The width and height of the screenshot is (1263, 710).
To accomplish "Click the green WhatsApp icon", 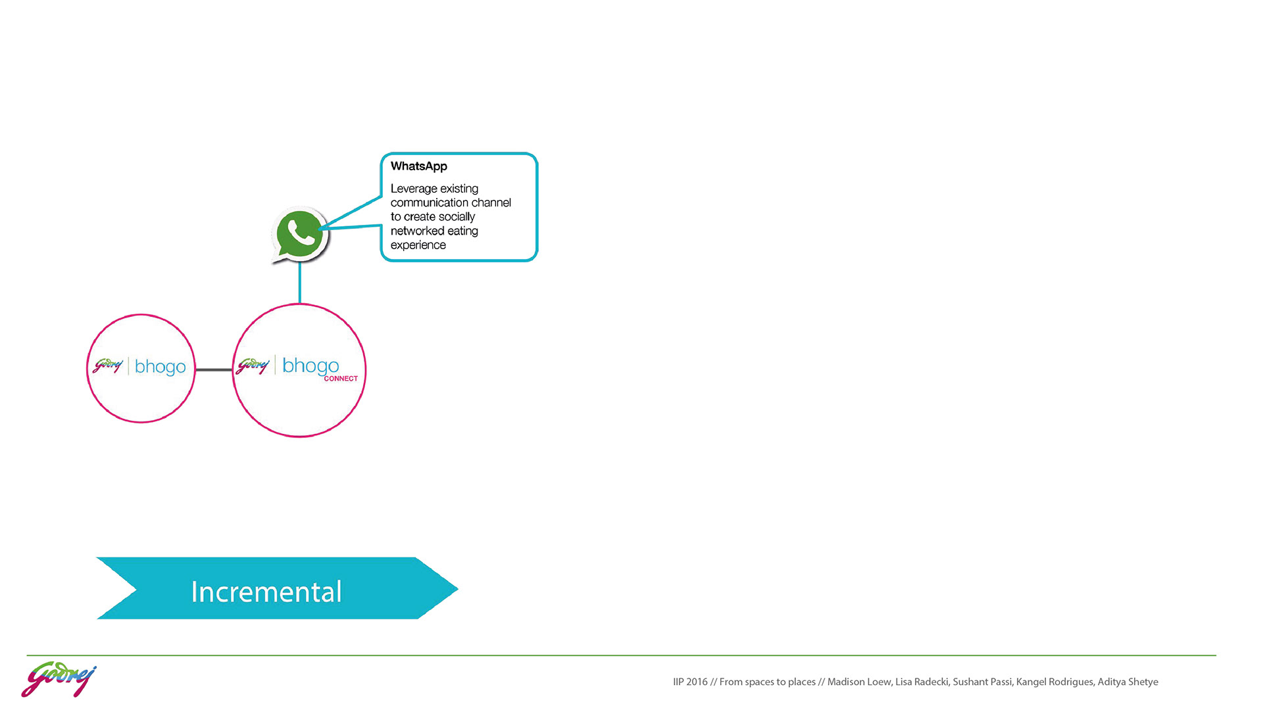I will click(x=300, y=235).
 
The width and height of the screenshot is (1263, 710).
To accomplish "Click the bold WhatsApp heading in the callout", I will click(x=418, y=166).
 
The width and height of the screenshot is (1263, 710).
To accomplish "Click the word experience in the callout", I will click(x=418, y=245).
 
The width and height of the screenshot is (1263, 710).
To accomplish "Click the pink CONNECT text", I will click(x=341, y=379).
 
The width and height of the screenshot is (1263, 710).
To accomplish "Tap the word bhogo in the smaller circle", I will click(x=160, y=367).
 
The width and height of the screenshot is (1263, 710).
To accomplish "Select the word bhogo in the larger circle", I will click(x=310, y=366).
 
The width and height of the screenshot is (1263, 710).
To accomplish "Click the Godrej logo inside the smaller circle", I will click(x=108, y=366).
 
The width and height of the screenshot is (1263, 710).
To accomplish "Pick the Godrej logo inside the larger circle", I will click(x=253, y=366).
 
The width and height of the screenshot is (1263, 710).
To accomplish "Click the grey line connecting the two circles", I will click(x=214, y=370).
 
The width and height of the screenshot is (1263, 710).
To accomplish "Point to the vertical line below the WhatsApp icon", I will click(x=300, y=283).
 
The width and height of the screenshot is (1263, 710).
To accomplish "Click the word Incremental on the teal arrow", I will click(x=266, y=592).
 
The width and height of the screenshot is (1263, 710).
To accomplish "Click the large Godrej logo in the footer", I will click(x=59, y=679).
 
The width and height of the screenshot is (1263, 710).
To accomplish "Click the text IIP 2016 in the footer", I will click(x=690, y=682).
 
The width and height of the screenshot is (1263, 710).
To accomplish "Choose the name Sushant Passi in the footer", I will click(x=981, y=682).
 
